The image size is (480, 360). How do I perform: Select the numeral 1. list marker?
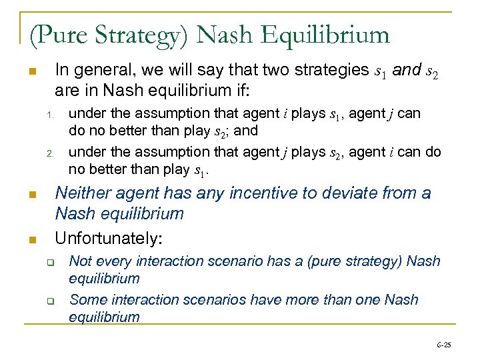[x=49, y=115]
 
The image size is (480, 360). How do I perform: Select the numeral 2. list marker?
[x=49, y=154]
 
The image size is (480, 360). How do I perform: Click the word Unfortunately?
[x=109, y=237]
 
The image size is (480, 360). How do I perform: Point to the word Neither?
[x=84, y=193]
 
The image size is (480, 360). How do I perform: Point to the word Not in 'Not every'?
[x=81, y=261]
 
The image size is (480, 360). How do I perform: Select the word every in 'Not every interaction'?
[x=113, y=261]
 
